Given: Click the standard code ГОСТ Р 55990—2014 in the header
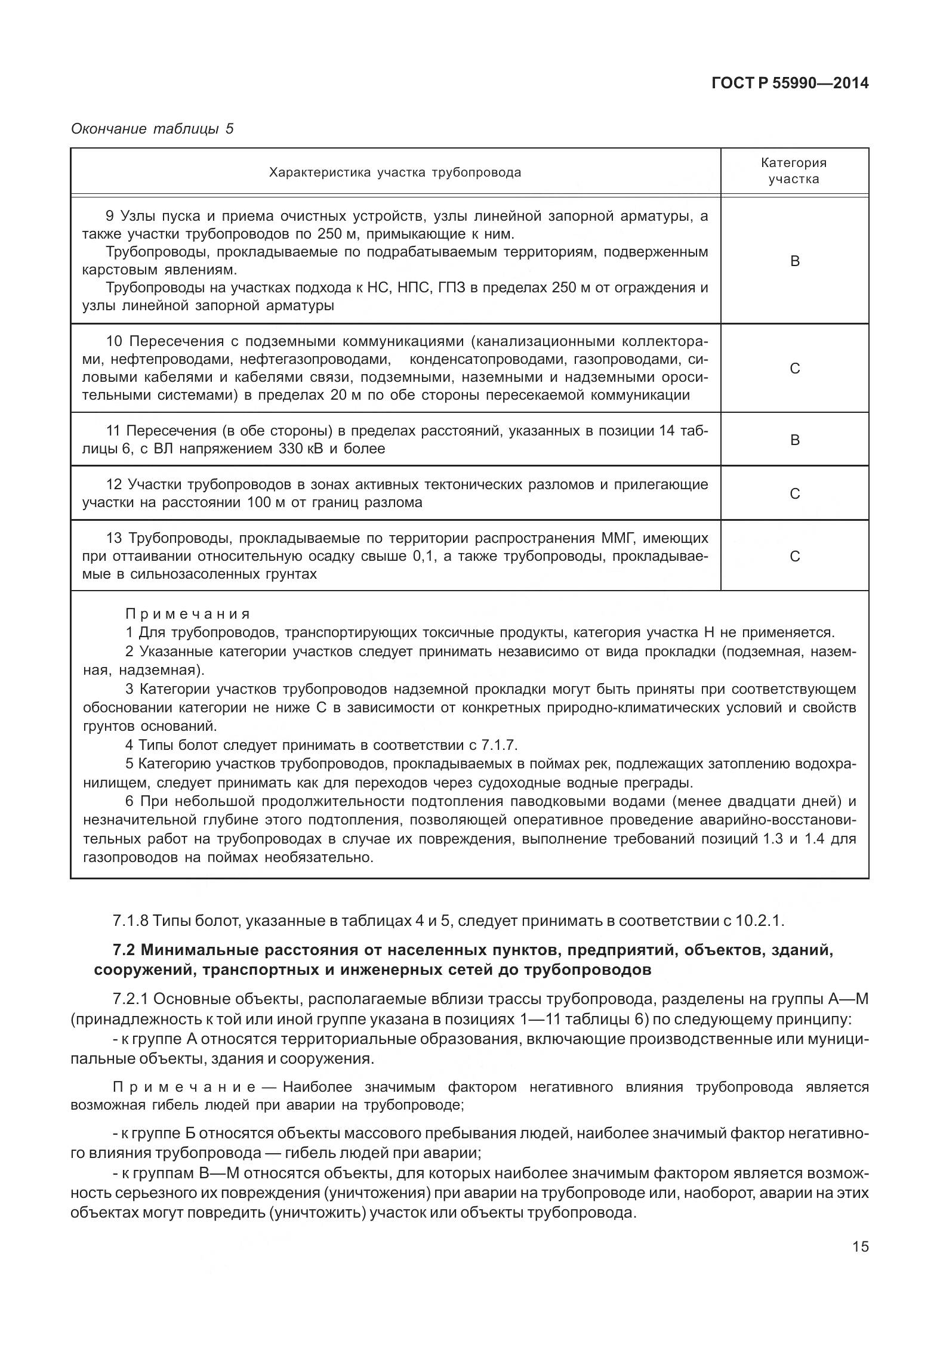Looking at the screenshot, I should (790, 84).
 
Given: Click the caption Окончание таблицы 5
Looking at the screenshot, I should (152, 129).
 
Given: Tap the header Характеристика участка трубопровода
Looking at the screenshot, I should (395, 172).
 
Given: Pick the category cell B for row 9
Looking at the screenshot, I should (794, 261).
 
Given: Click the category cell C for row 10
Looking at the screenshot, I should (794, 369).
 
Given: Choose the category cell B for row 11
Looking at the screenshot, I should (794, 440).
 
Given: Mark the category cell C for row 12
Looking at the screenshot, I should (794, 494).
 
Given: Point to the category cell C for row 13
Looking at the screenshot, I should (794, 557).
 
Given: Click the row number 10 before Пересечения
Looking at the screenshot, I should (114, 342).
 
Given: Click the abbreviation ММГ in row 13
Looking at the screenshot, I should (612, 538).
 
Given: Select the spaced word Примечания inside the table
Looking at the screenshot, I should (187, 614).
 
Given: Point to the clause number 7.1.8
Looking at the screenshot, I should (130, 921).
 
